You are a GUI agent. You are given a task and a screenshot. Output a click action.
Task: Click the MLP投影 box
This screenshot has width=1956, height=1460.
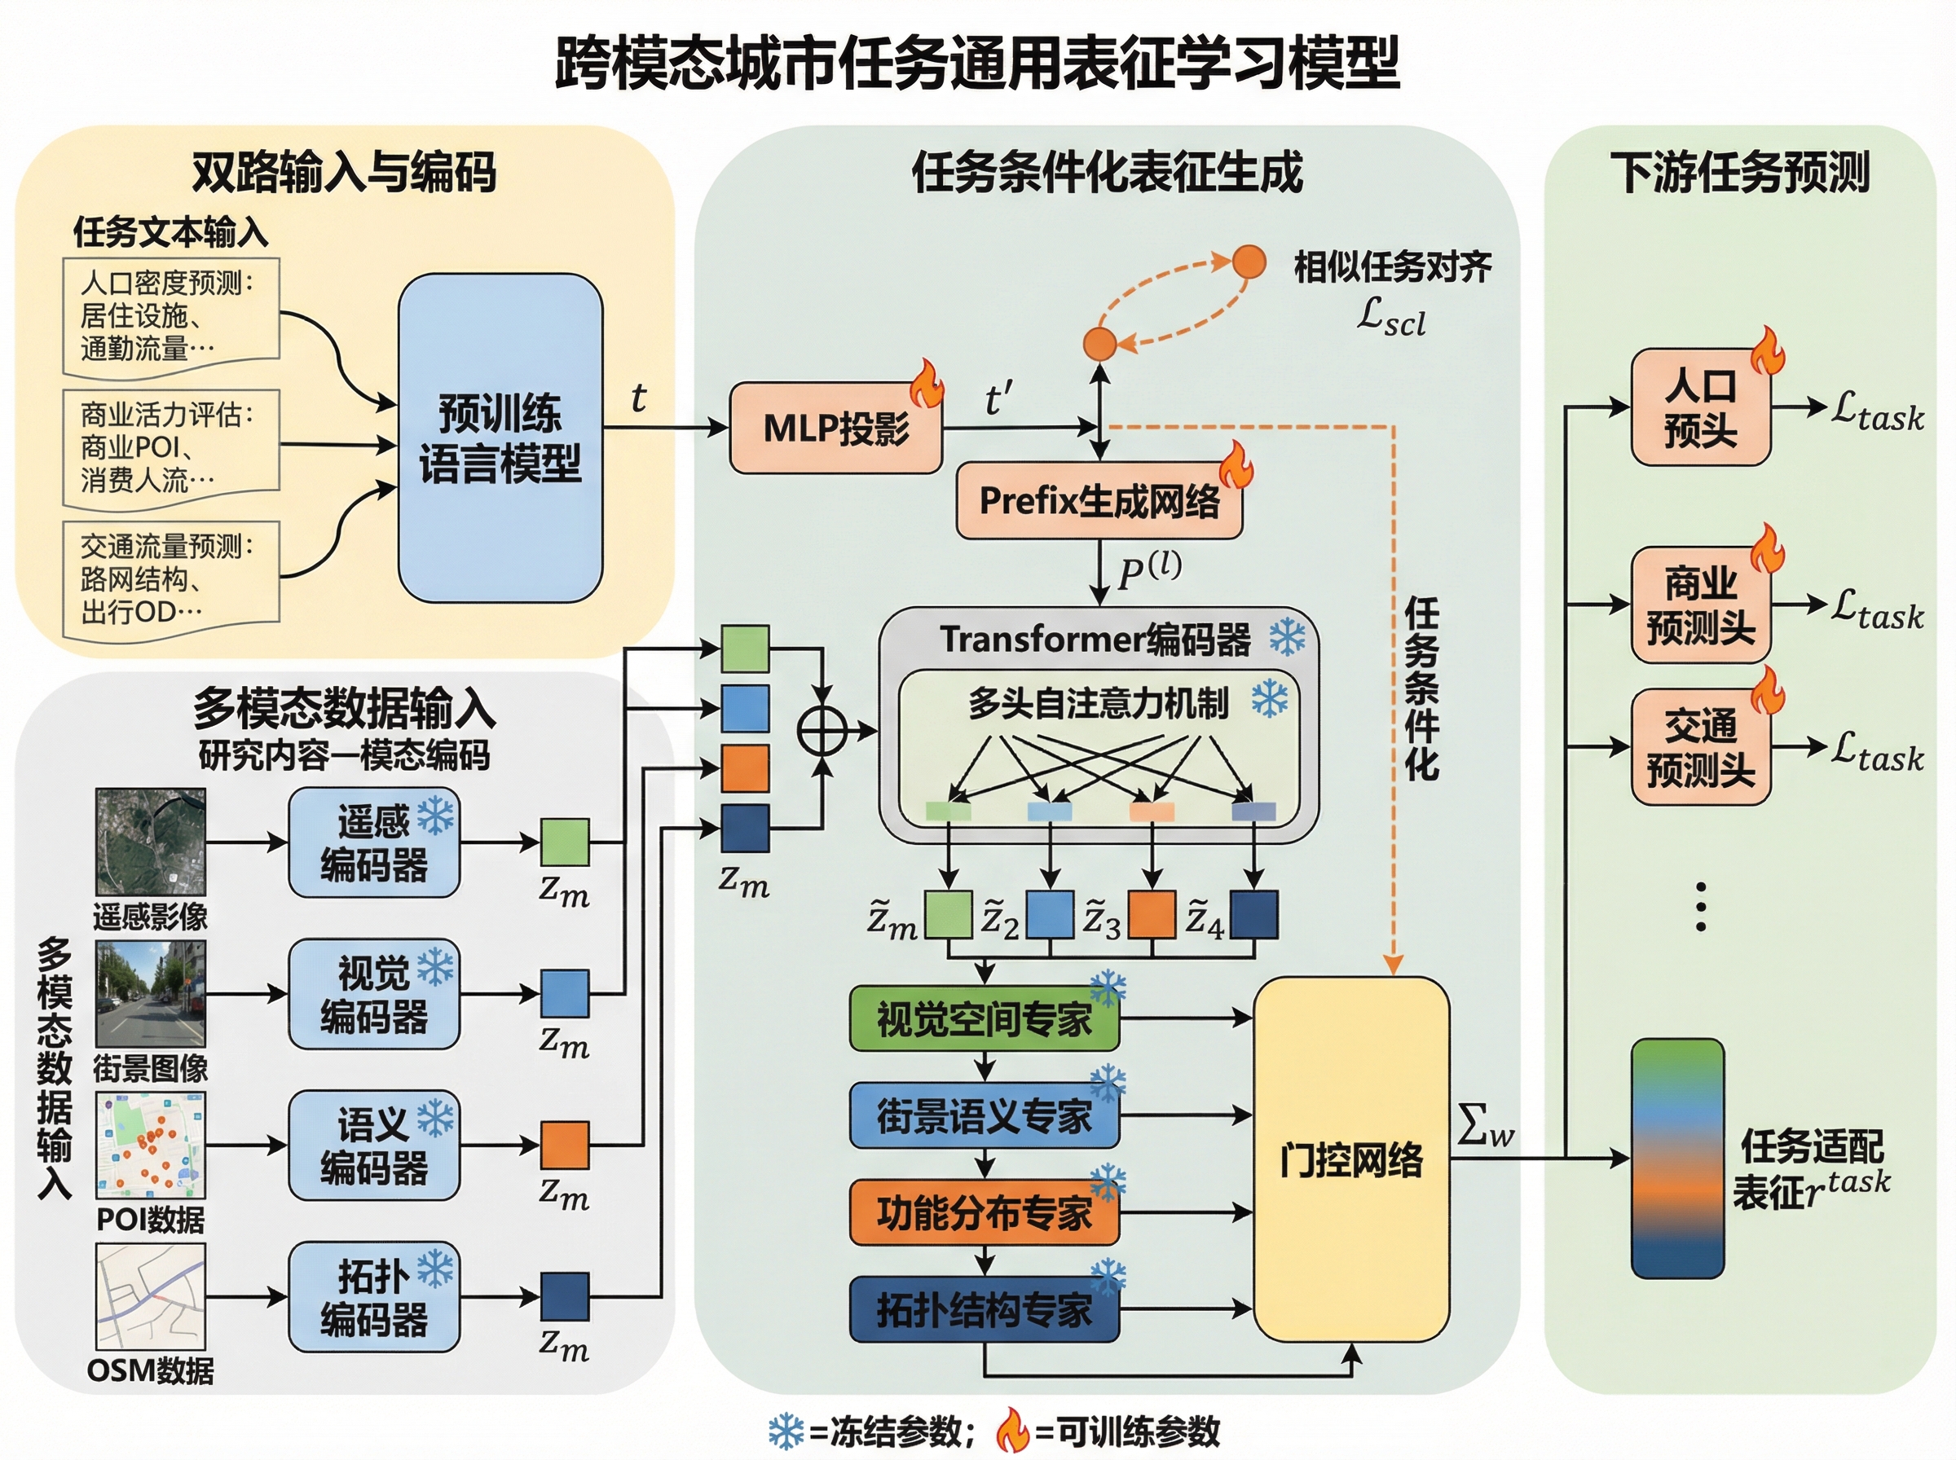(x=835, y=429)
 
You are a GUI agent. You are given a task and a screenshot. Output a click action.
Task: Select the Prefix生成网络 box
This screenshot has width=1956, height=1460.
(x=1099, y=501)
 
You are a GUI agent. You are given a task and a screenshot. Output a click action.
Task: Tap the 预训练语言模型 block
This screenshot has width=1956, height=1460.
(x=500, y=438)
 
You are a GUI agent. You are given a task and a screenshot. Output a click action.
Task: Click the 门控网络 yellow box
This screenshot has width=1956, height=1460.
(x=1350, y=1159)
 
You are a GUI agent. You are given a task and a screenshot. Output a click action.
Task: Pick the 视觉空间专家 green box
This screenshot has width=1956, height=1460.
(x=984, y=1019)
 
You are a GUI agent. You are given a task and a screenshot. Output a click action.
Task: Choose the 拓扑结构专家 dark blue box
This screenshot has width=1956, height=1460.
(x=984, y=1310)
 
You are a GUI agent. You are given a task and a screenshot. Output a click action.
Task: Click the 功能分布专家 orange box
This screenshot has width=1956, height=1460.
(x=984, y=1213)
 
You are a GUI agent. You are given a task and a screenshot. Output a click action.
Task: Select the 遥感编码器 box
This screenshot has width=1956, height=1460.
(x=374, y=843)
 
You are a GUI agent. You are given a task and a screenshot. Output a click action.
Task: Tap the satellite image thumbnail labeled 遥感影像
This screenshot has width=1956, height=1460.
(x=150, y=842)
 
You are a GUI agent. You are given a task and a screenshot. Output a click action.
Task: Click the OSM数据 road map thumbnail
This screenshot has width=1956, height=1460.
(x=150, y=1296)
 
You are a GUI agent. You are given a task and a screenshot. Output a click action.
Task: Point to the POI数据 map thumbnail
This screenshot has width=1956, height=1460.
(x=150, y=1146)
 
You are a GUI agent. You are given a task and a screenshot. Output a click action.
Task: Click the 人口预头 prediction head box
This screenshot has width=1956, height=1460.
(x=1699, y=407)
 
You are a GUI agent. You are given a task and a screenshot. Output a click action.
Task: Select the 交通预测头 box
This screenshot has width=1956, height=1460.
(x=1699, y=748)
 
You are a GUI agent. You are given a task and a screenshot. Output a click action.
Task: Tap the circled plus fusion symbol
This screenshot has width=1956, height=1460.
(x=822, y=731)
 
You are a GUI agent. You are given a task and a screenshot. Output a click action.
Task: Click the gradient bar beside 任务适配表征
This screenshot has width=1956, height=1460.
(x=1676, y=1159)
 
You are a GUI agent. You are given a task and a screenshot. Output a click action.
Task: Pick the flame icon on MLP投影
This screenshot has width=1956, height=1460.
(x=927, y=385)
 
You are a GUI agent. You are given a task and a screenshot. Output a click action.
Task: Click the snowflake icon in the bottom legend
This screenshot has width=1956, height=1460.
(x=785, y=1431)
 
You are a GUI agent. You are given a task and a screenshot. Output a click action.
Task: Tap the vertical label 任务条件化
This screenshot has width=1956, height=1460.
(x=1421, y=689)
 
